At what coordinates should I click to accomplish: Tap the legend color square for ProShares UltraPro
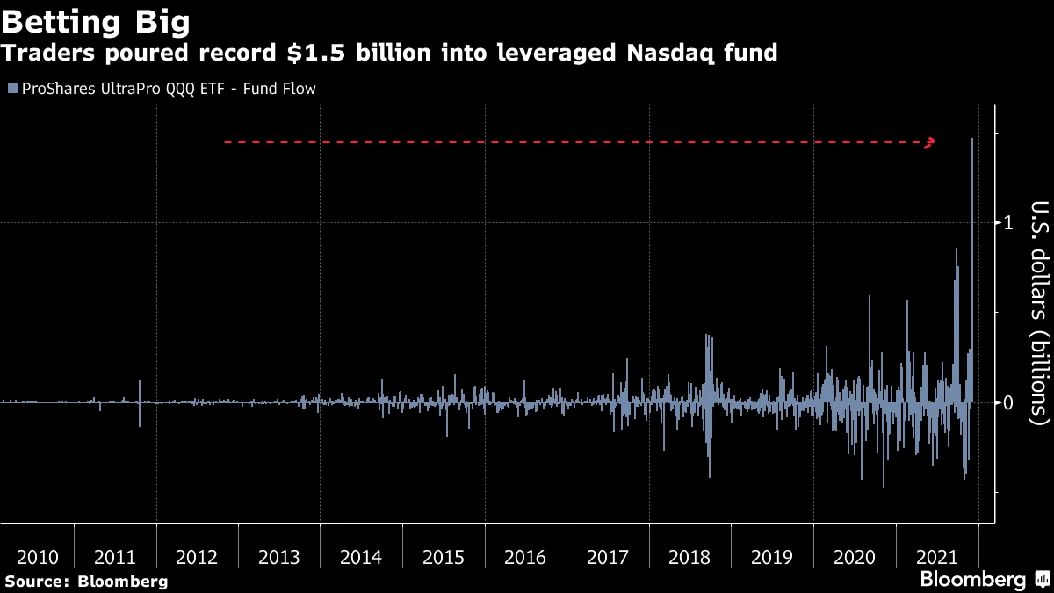click(x=12, y=89)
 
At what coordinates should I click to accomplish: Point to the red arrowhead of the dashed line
click(x=933, y=141)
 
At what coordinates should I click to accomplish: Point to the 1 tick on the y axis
click(x=1008, y=223)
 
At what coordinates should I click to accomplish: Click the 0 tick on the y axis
click(x=1008, y=402)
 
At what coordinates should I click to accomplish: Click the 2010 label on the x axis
click(x=38, y=557)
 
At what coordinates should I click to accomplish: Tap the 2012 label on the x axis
click(x=197, y=557)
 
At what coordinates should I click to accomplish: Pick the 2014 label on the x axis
click(x=361, y=557)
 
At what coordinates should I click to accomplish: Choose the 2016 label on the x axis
click(x=525, y=557)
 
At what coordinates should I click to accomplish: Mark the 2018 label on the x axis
click(x=689, y=557)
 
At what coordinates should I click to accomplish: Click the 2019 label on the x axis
click(x=772, y=557)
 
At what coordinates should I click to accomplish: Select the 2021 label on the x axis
click(x=936, y=557)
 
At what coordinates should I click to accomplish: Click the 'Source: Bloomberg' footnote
click(x=86, y=581)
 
